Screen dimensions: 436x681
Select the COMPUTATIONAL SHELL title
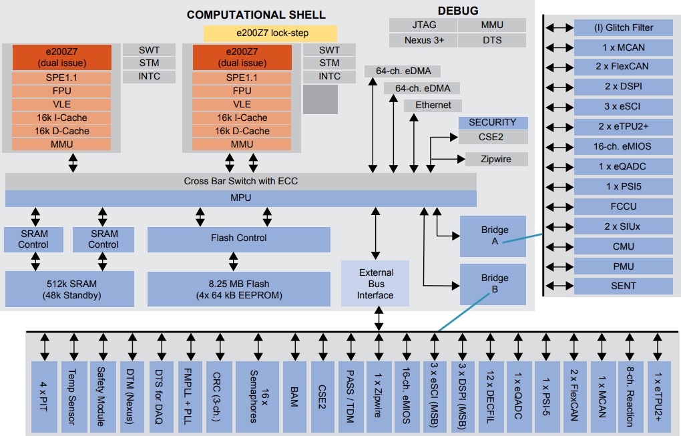[x=256, y=15]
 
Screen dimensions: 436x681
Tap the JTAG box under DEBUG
[x=423, y=25]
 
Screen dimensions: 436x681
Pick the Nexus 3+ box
[x=423, y=40]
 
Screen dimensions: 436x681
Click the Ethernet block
[x=433, y=105]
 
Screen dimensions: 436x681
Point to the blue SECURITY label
[x=493, y=123]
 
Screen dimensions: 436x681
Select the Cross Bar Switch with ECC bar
[x=241, y=181]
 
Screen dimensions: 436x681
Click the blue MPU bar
[x=241, y=198]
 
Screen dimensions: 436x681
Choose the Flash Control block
[x=238, y=238]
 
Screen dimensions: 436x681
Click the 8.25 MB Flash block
[x=238, y=289]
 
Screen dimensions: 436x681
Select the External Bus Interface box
[x=375, y=284]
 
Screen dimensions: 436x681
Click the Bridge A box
[x=494, y=236]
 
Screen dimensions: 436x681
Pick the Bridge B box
[x=494, y=284]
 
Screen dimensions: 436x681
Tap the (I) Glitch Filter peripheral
[x=623, y=28]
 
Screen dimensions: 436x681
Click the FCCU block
[x=623, y=206]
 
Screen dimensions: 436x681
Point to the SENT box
[x=623, y=286]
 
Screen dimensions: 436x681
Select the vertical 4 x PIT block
[x=44, y=395]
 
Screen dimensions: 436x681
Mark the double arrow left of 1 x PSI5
[x=559, y=187]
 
